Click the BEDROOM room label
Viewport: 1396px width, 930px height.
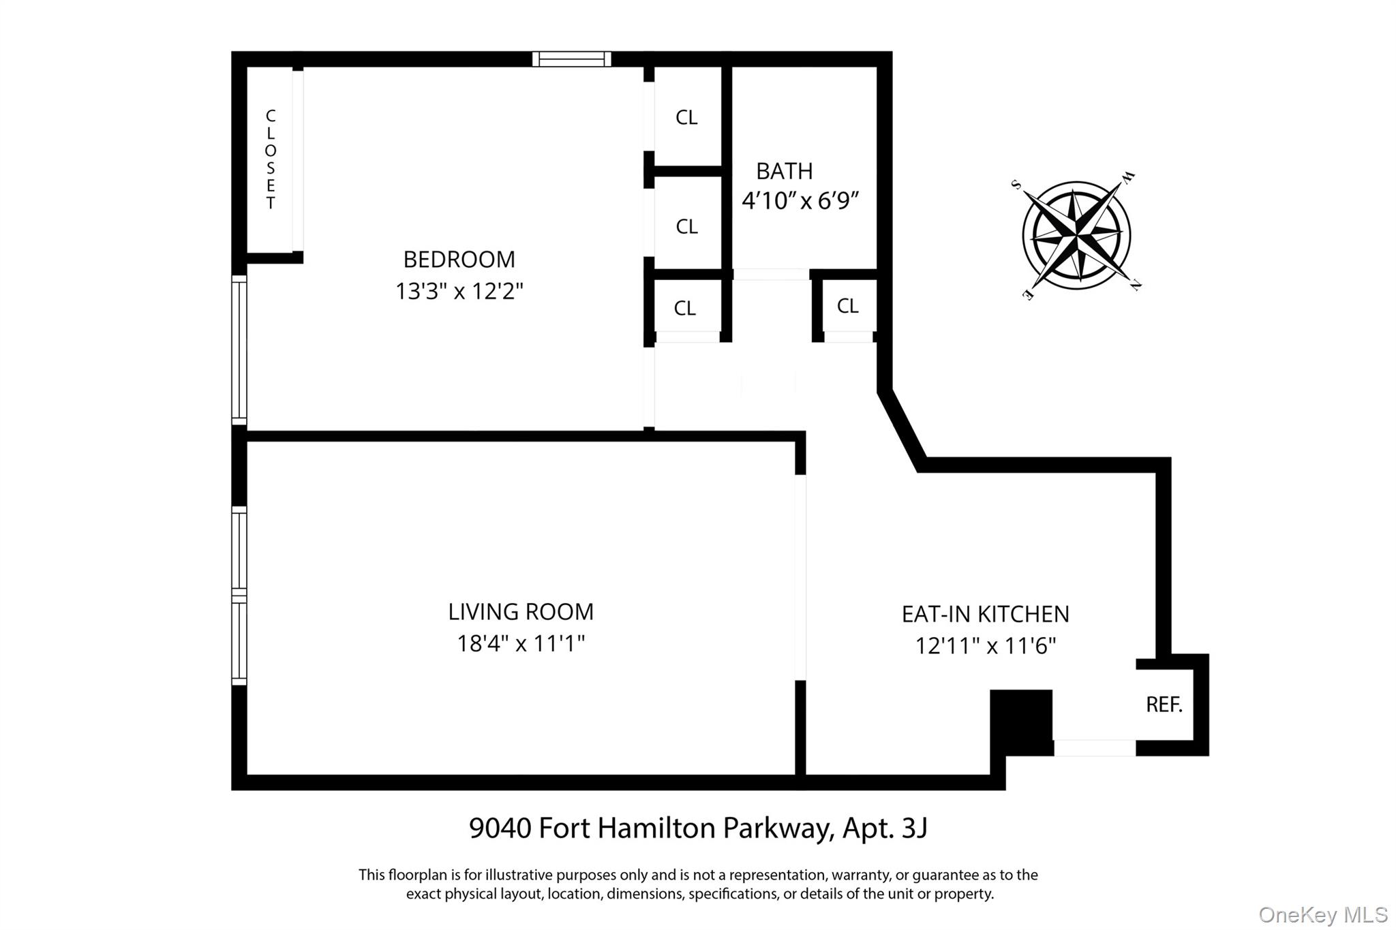tap(459, 260)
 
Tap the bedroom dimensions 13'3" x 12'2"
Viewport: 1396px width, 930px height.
tap(459, 292)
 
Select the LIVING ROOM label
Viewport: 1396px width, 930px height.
tap(521, 612)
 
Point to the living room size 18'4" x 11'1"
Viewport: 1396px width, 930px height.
tap(521, 643)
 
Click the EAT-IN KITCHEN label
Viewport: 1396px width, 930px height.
tap(985, 615)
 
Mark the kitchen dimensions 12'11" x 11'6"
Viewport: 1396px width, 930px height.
tap(985, 646)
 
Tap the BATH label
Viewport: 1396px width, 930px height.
tap(784, 171)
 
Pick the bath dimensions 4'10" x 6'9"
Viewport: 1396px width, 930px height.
tap(800, 201)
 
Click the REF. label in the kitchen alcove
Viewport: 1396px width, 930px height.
tap(1164, 704)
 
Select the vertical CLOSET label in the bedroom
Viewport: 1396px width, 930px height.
tap(271, 159)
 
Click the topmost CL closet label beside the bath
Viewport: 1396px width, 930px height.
tap(686, 118)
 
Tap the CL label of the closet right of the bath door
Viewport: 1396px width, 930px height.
tap(847, 307)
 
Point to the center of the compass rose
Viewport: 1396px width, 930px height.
tap(1076, 236)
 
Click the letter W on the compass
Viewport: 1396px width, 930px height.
tap(1128, 178)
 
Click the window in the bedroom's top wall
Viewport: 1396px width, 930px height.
tap(571, 59)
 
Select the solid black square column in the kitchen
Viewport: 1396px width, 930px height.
tap(1020, 722)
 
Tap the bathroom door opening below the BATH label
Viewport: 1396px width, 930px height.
tap(770, 275)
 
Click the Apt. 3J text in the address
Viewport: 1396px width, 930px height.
tap(885, 828)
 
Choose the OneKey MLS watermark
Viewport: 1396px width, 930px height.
tap(1322, 914)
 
